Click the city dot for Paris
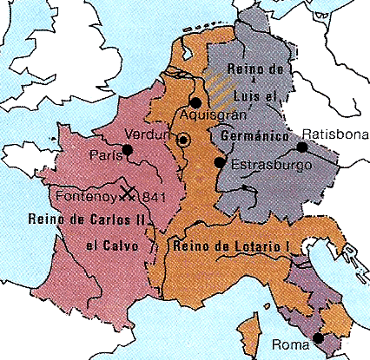128,150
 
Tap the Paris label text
103,155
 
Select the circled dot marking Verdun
183,140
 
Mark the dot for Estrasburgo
220,161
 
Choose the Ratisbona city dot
301,149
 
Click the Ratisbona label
335,134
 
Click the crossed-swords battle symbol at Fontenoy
130,193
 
